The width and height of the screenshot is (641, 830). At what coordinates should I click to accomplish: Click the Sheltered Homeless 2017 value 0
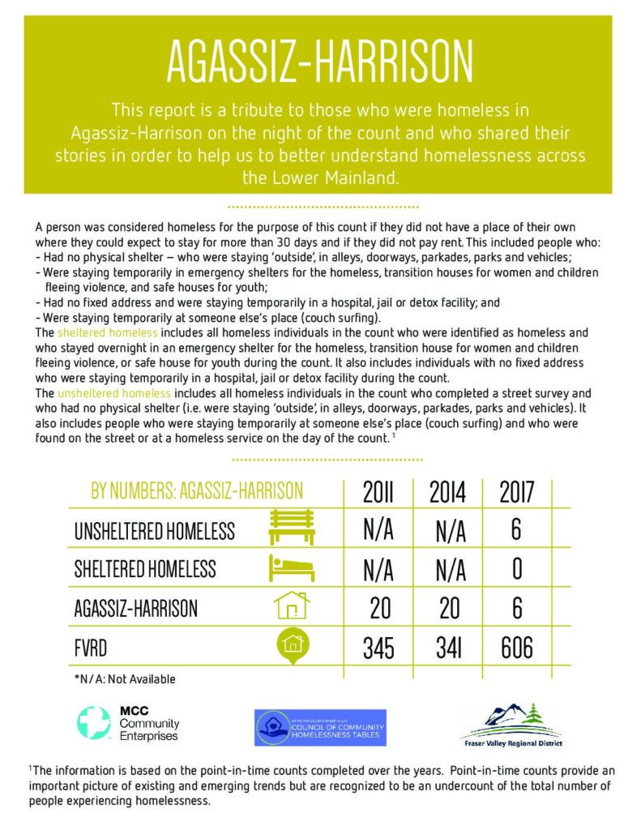[x=517, y=568]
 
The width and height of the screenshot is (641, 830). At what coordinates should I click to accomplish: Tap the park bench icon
[x=292, y=528]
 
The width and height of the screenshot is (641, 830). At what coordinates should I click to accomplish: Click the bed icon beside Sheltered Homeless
[x=292, y=568]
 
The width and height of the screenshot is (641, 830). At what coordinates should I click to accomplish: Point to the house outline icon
[x=292, y=606]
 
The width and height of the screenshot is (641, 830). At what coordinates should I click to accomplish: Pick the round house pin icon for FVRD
[x=292, y=645]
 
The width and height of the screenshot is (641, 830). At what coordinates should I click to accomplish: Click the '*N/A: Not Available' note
[x=124, y=679]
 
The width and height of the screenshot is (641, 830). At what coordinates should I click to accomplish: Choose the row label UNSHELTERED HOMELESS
[x=155, y=531]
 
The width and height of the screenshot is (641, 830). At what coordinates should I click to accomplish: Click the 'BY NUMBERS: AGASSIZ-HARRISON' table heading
[x=197, y=491]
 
